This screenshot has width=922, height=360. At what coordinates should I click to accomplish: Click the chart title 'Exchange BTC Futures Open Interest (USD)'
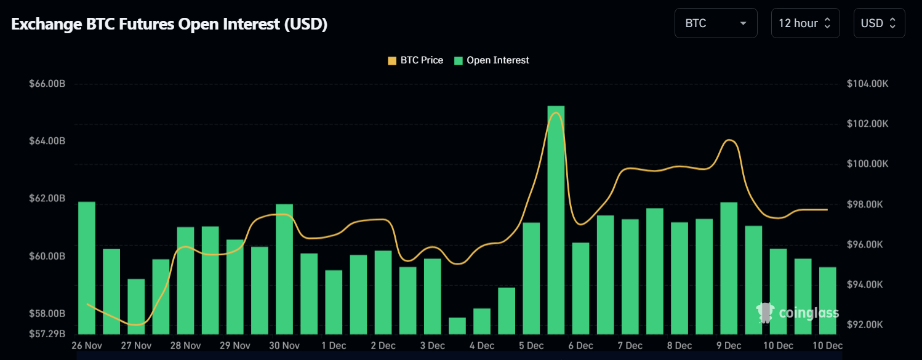click(x=169, y=24)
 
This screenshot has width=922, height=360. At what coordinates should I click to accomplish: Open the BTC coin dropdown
click(x=715, y=23)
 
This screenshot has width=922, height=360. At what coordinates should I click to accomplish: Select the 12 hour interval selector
click(x=805, y=23)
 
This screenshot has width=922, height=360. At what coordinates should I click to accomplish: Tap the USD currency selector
click(x=878, y=23)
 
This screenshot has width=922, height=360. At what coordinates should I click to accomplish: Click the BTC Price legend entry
click(x=415, y=60)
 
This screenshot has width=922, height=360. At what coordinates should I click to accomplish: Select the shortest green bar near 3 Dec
click(x=457, y=326)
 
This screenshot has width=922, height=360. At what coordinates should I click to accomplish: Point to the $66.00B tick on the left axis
click(x=47, y=84)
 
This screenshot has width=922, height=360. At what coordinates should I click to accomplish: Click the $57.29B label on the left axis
click(x=47, y=334)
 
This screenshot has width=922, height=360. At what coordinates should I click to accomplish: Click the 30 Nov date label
click(x=284, y=346)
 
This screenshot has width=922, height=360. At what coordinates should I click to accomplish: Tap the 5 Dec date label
click(x=531, y=346)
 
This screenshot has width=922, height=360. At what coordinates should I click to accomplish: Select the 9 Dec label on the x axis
click(x=728, y=346)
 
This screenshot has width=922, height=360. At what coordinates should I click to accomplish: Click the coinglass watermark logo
click(x=798, y=313)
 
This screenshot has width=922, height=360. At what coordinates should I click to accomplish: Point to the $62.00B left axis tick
click(x=47, y=199)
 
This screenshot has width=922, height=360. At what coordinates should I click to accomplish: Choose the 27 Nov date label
click(x=136, y=346)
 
